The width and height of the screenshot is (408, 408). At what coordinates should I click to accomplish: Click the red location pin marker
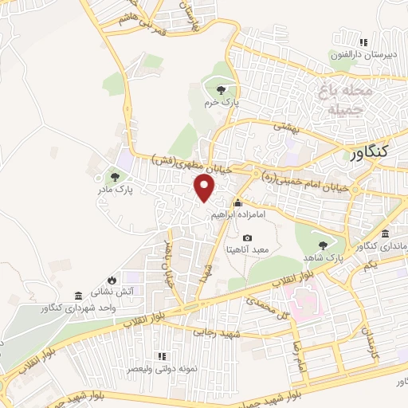pyautogui.click(x=206, y=188)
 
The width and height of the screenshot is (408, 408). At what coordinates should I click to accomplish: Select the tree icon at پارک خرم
pyautogui.click(x=221, y=89)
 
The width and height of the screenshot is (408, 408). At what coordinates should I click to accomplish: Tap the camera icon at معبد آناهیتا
pyautogui.click(x=247, y=238)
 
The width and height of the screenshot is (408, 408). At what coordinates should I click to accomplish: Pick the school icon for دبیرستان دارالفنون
pyautogui.click(x=364, y=42)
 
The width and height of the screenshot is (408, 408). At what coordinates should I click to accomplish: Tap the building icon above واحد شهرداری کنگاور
pyautogui.click(x=77, y=295)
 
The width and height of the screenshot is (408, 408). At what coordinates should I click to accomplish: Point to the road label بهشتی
pyautogui.click(x=284, y=127)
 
